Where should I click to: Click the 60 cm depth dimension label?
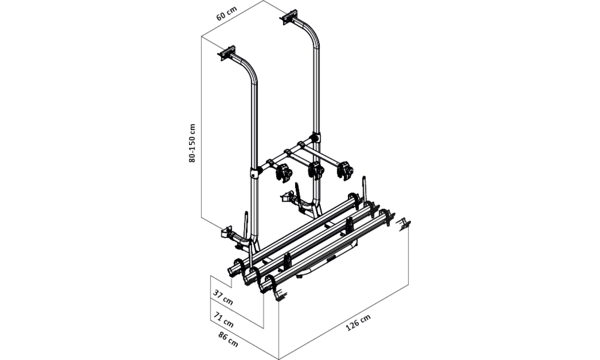(x=227, y=13)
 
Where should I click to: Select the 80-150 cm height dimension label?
(x=192, y=143)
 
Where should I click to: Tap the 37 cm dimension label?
(x=223, y=297)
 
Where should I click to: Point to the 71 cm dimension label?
(x=224, y=320)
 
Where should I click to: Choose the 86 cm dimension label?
(x=228, y=340)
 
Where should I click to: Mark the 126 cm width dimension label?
(x=358, y=323)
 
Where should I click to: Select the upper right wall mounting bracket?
(x=290, y=16)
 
